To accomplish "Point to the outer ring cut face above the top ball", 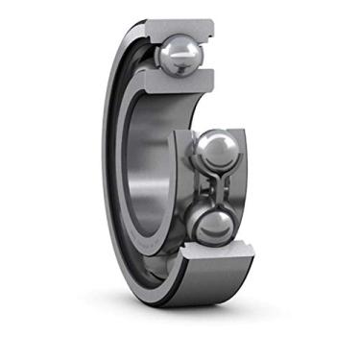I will [x=178, y=26].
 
